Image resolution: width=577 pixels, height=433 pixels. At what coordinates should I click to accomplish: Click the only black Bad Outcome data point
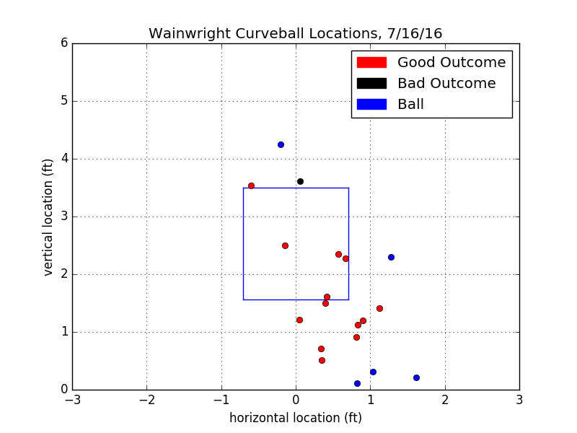300,181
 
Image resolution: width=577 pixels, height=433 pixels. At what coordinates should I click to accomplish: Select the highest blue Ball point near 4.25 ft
281,144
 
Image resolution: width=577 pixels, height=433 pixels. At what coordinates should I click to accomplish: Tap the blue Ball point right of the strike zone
391,257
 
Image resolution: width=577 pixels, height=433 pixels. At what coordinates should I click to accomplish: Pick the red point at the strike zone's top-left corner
251,185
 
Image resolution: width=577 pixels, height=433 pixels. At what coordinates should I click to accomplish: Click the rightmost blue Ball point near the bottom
416,377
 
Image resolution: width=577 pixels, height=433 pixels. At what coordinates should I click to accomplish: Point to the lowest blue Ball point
357,383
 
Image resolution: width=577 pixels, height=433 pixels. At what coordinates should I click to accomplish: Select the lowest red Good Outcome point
322,360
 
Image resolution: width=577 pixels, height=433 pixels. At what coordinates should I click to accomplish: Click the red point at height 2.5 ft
285,245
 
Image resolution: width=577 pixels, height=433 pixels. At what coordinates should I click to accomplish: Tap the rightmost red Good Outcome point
379,308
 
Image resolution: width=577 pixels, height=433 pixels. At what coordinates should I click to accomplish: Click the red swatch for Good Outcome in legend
371,63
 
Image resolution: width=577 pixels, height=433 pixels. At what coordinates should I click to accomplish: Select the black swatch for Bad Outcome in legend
371,84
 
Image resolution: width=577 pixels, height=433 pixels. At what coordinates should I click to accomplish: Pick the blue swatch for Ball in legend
371,105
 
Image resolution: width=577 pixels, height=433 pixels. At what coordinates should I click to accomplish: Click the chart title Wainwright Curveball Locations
295,34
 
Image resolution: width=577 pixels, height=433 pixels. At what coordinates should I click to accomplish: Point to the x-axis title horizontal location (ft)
296,418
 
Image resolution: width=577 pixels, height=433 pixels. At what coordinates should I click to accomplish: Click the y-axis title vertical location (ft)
48,216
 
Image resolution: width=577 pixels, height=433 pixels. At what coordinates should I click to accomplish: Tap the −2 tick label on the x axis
146,399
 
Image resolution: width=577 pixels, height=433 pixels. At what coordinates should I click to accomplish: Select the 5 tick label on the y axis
63,101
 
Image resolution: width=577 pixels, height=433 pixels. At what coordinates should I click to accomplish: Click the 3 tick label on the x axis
519,399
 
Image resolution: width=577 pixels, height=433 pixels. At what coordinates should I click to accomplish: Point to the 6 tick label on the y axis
63,43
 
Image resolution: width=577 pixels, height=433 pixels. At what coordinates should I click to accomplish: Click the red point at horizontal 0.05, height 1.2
299,320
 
